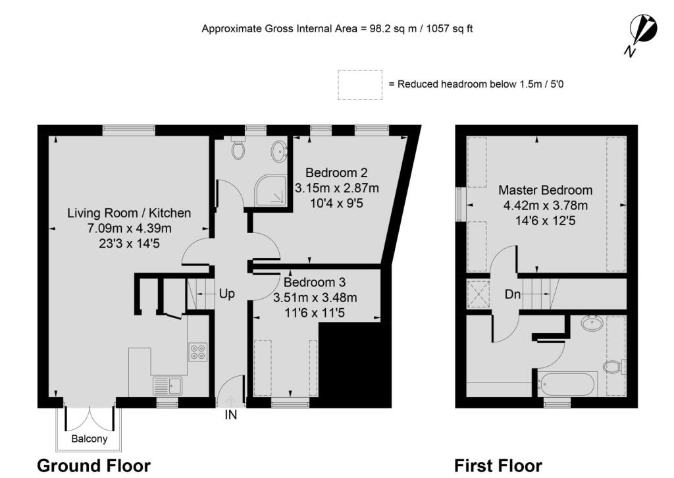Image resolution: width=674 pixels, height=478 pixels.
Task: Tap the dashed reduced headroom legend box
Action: pos(359,85)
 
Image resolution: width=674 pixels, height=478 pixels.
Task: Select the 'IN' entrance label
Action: pos(231,415)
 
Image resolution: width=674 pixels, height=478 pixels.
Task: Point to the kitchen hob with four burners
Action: pos(197,352)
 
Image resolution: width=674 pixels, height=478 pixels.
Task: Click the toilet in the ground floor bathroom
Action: pos(238,149)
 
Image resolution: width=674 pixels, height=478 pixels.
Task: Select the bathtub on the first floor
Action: pos(567,383)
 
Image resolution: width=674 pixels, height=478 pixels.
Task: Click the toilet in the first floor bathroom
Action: pos(613,366)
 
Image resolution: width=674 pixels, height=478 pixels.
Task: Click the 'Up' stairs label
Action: pos(226,294)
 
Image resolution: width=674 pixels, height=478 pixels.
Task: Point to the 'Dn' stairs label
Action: pos(513,295)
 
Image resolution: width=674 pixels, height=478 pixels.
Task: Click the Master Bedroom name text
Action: pos(545,190)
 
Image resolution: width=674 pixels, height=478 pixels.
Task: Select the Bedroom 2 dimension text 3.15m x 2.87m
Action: pos(337,188)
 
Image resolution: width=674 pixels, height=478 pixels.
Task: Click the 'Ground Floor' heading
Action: pos(93,466)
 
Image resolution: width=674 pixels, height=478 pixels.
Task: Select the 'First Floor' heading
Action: pos(498,466)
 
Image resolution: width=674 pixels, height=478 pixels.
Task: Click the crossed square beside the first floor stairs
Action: pos(477,294)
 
